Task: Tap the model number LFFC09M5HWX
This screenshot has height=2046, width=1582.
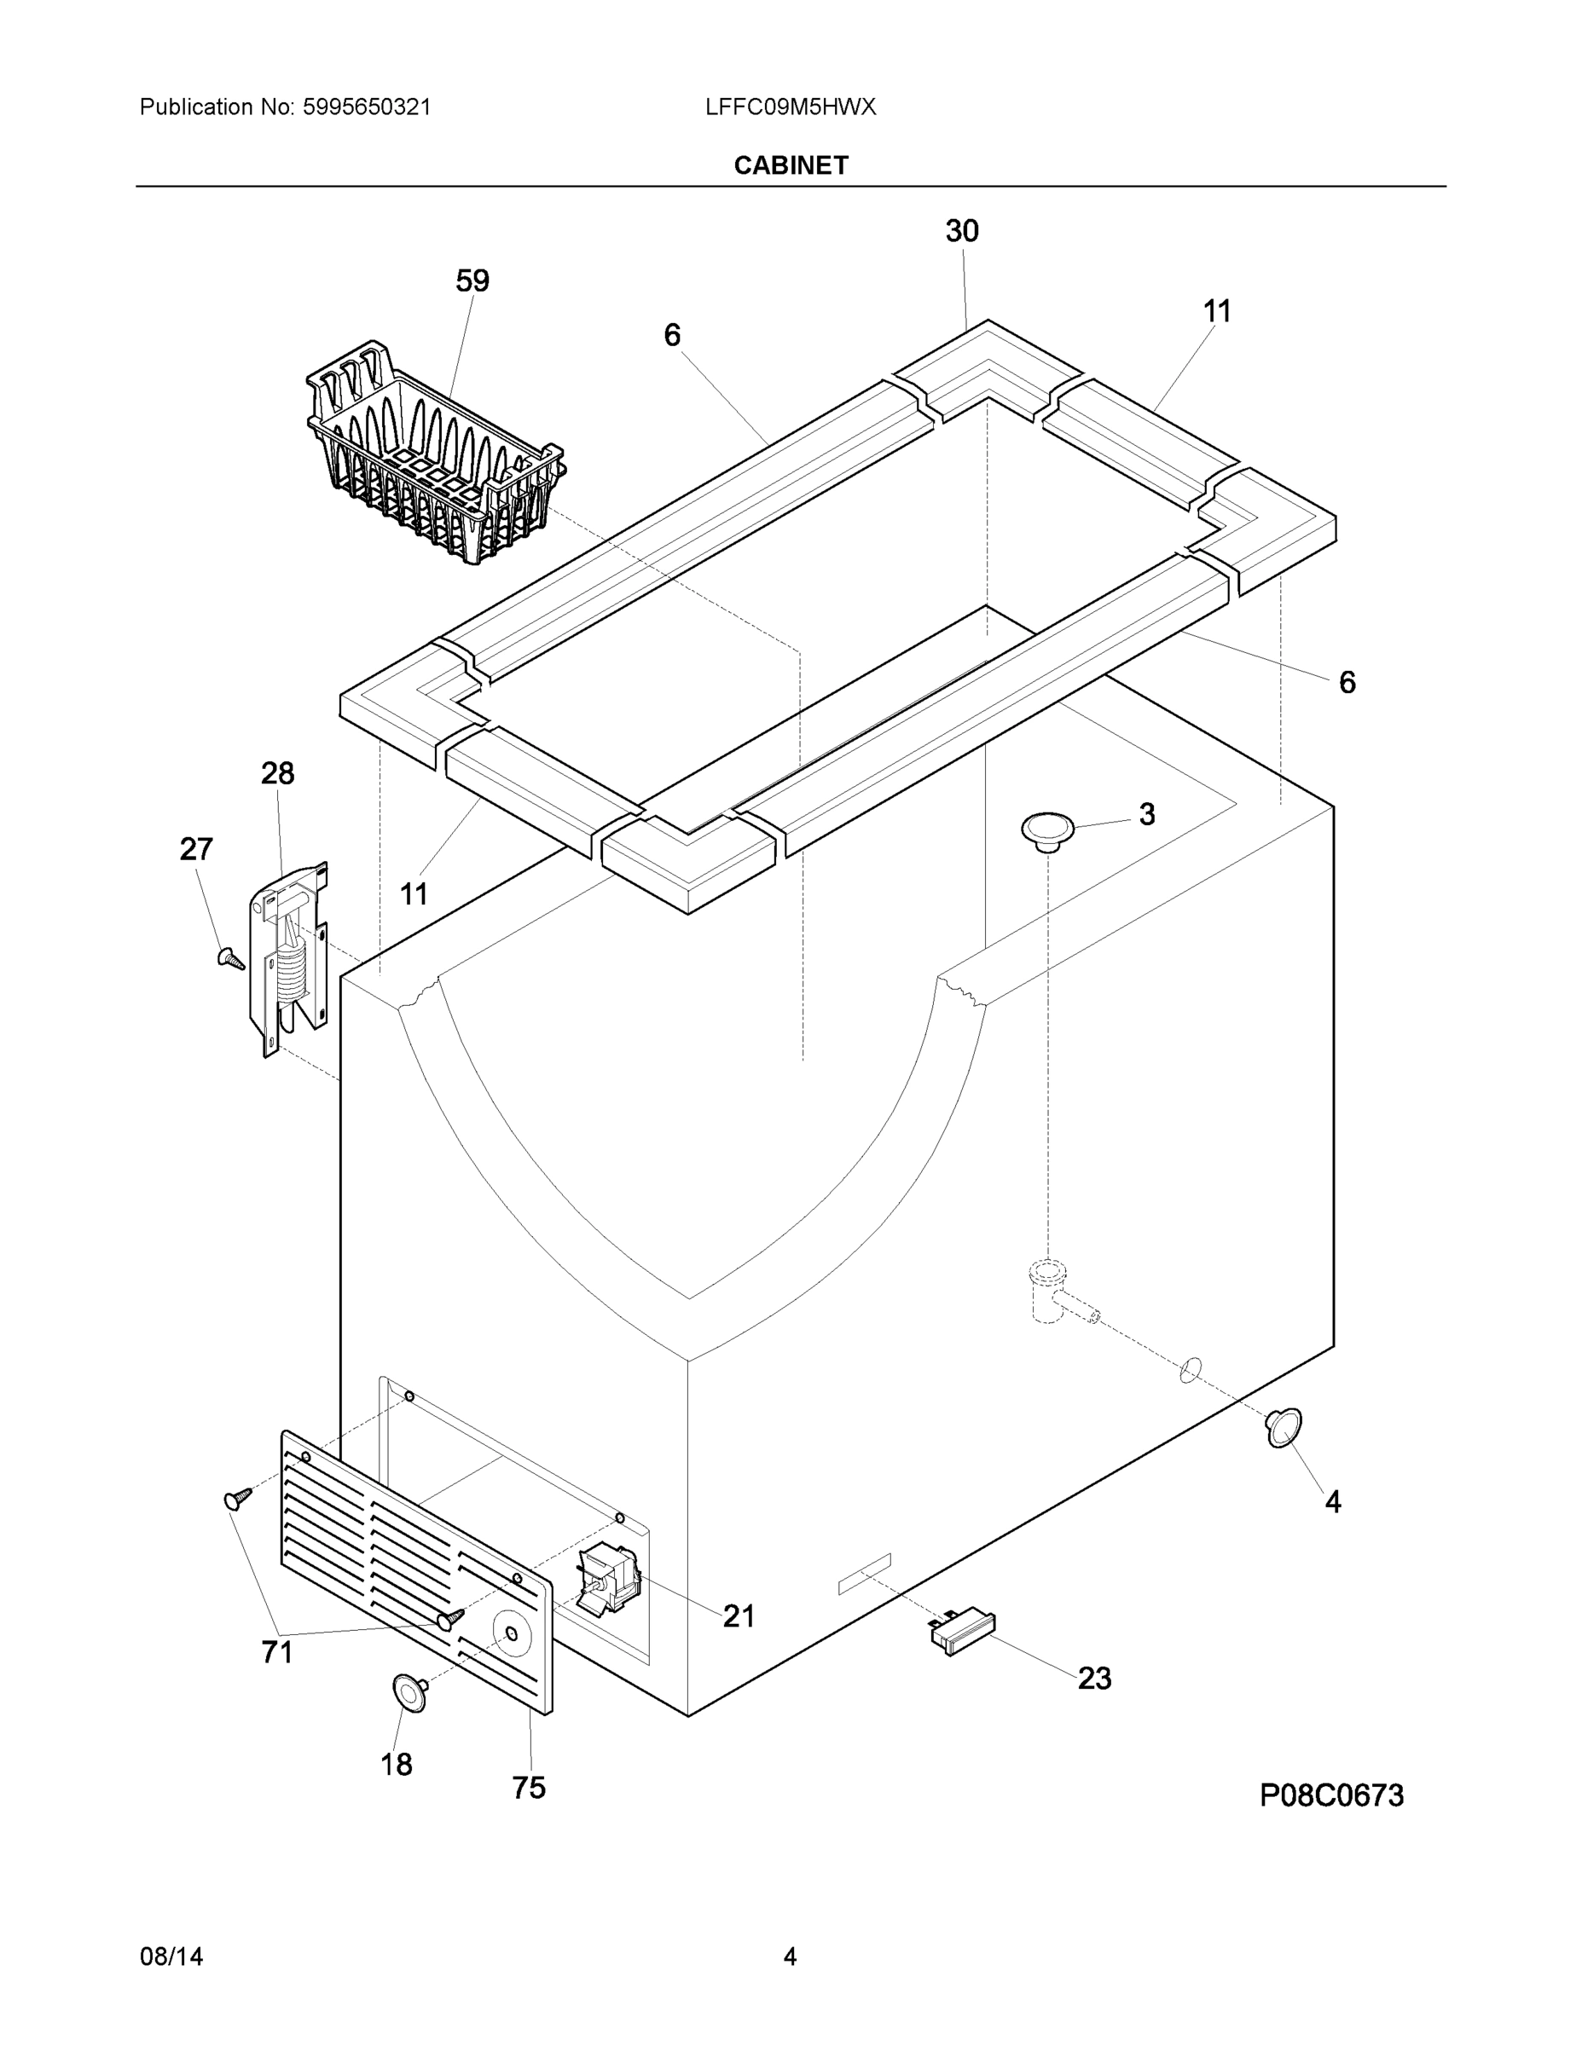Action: click(x=790, y=107)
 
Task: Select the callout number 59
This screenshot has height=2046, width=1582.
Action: click(x=472, y=280)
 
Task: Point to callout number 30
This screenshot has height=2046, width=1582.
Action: click(x=962, y=230)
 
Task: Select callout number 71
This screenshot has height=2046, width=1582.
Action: click(x=277, y=1651)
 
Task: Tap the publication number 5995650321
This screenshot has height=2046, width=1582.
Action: click(x=367, y=107)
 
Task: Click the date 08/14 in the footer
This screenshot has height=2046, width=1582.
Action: click(x=171, y=1956)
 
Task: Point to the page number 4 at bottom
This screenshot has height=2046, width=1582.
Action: click(x=789, y=1956)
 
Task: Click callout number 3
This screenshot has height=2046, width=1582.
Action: click(x=1146, y=814)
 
